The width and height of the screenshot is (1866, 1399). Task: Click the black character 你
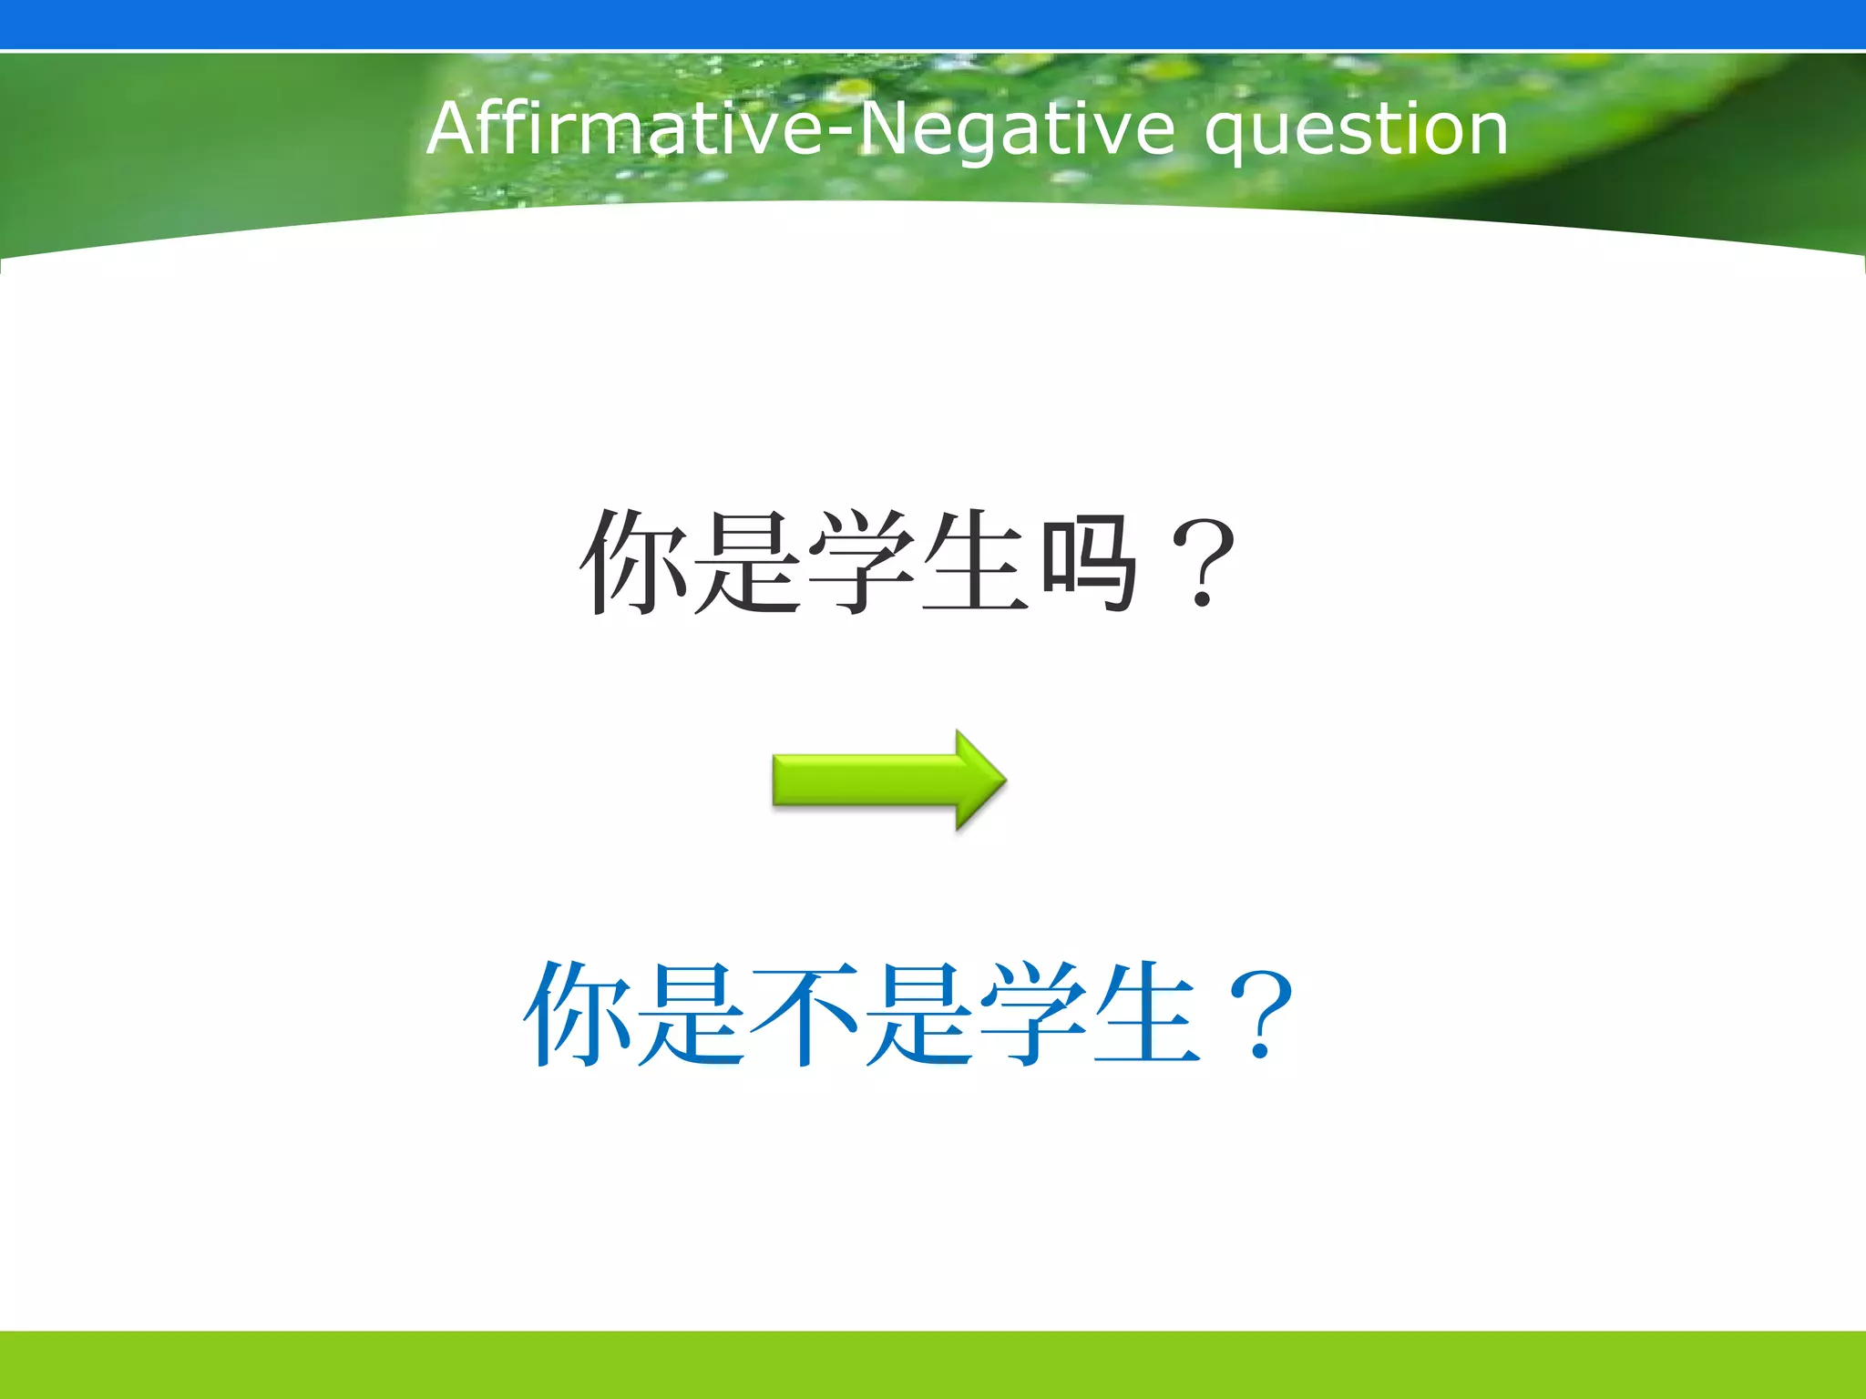tap(634, 561)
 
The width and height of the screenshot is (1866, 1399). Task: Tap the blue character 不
tap(804, 1013)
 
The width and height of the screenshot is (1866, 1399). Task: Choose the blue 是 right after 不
tap(918, 1013)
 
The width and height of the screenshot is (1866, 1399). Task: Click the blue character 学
tap(1033, 1013)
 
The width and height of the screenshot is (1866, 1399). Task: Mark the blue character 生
tap(1146, 1013)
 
